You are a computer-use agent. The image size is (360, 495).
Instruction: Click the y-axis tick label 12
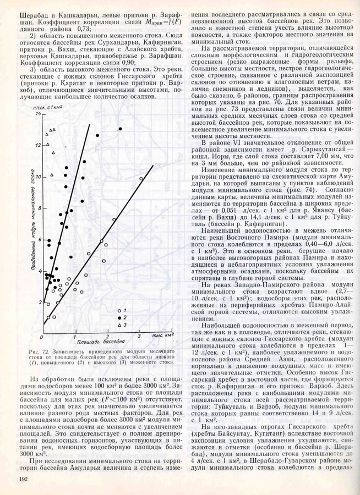[38, 146]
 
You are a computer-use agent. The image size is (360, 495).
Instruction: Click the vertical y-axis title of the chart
[31, 226]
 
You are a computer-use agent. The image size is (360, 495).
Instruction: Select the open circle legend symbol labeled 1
[119, 327]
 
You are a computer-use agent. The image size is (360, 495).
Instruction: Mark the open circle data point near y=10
[141, 179]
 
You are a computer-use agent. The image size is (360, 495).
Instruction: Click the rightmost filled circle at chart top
[121, 129]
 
